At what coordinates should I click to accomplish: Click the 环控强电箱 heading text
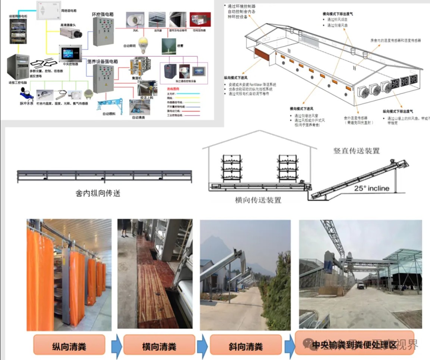[x=103, y=14]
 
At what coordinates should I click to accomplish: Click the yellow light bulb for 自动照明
[x=143, y=45]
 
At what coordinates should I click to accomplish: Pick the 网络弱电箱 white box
[x=49, y=10]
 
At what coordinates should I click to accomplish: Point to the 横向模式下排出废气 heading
[x=338, y=14]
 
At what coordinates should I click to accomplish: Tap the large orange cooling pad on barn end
[x=263, y=55]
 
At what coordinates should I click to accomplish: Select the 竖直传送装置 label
[x=356, y=151]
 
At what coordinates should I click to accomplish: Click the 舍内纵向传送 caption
[x=98, y=193]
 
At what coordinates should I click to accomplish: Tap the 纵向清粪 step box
[x=69, y=346]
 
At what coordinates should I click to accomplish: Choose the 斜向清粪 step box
[x=245, y=346]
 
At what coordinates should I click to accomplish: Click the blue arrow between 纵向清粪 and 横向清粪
[x=117, y=346]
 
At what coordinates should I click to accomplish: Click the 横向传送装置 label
[x=258, y=200]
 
